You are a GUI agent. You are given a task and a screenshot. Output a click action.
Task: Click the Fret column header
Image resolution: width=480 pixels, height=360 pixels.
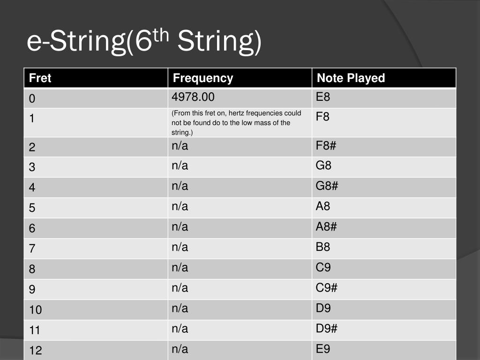40,78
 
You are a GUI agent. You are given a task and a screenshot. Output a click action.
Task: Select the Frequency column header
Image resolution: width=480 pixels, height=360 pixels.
202,78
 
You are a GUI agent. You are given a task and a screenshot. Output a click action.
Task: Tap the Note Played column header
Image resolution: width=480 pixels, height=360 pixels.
351,78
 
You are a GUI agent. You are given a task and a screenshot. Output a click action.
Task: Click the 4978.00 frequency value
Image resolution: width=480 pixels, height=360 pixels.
193,97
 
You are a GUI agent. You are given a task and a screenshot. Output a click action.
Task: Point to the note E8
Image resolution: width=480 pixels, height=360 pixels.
323,97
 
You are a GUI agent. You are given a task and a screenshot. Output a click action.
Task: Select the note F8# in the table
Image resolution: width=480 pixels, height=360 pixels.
326,146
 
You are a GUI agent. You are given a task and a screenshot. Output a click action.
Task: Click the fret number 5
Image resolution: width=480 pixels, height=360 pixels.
32,208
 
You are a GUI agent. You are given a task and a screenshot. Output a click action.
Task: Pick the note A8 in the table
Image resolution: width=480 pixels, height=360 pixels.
323,206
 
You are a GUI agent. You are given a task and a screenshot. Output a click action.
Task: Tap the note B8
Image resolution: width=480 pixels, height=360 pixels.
323,247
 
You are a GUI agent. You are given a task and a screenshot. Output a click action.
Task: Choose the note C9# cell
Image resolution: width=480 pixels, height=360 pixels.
326,288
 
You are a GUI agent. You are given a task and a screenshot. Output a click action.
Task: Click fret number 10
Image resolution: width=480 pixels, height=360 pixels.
35,310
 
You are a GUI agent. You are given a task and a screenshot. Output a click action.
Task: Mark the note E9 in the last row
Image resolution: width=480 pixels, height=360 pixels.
323,349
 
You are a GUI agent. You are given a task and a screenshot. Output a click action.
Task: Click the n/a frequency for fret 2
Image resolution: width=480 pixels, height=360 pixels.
180,146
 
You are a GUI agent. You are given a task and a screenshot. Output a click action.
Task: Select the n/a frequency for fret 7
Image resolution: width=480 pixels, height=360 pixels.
180,247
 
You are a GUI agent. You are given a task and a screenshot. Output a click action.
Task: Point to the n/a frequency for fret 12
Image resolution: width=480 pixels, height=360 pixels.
180,349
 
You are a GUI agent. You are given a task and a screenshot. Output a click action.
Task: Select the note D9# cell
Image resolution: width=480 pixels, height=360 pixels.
326,329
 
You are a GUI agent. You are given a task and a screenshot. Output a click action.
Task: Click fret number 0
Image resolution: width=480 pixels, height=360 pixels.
32,99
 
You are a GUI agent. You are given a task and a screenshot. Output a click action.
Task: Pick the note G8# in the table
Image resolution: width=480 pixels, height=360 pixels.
327,186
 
